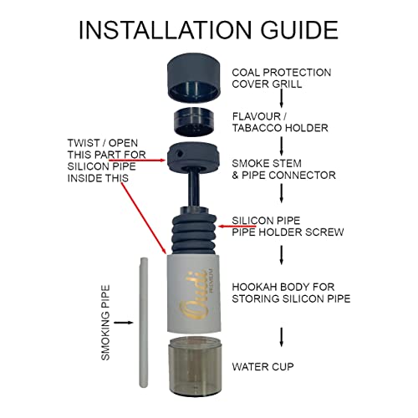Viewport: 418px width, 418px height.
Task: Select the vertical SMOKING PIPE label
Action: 105,321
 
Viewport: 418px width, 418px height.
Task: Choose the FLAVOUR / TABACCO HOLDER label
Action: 278,122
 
